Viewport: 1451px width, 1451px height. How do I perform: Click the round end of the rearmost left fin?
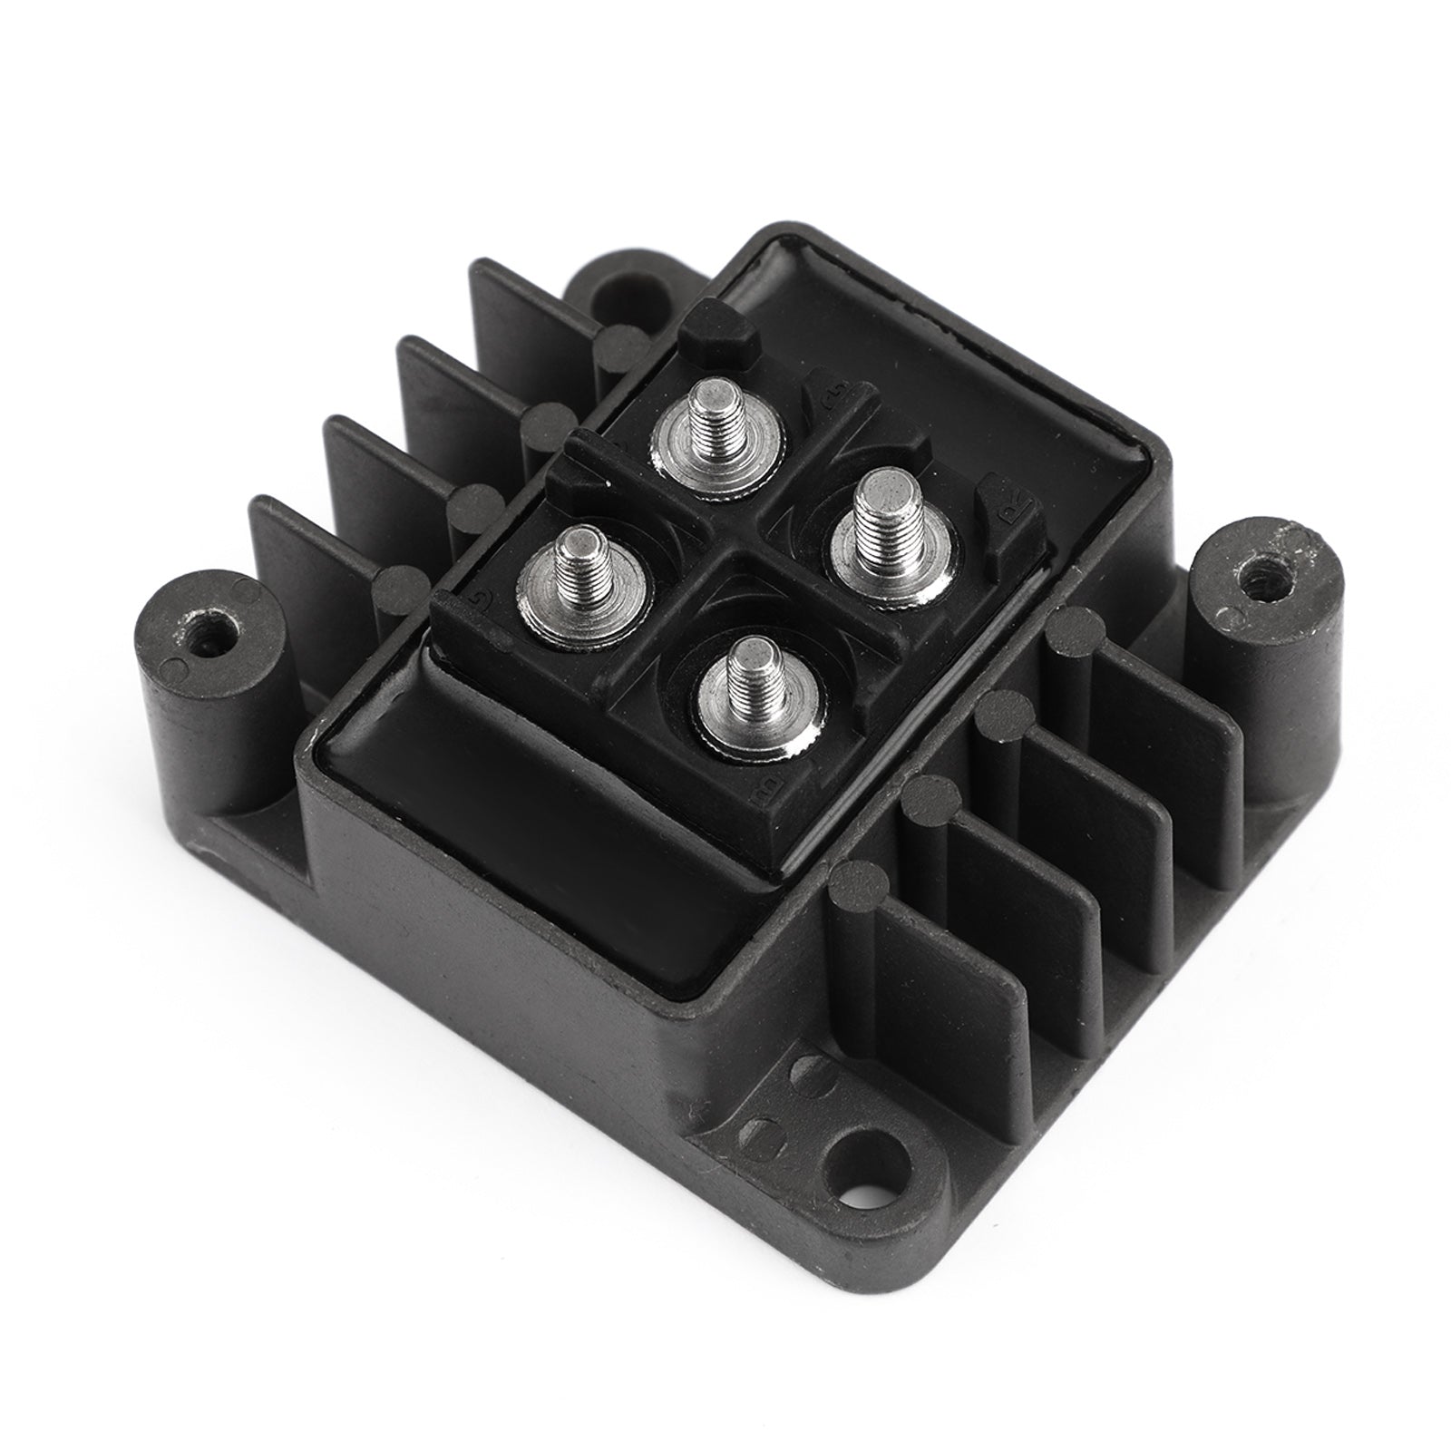tap(620, 343)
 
